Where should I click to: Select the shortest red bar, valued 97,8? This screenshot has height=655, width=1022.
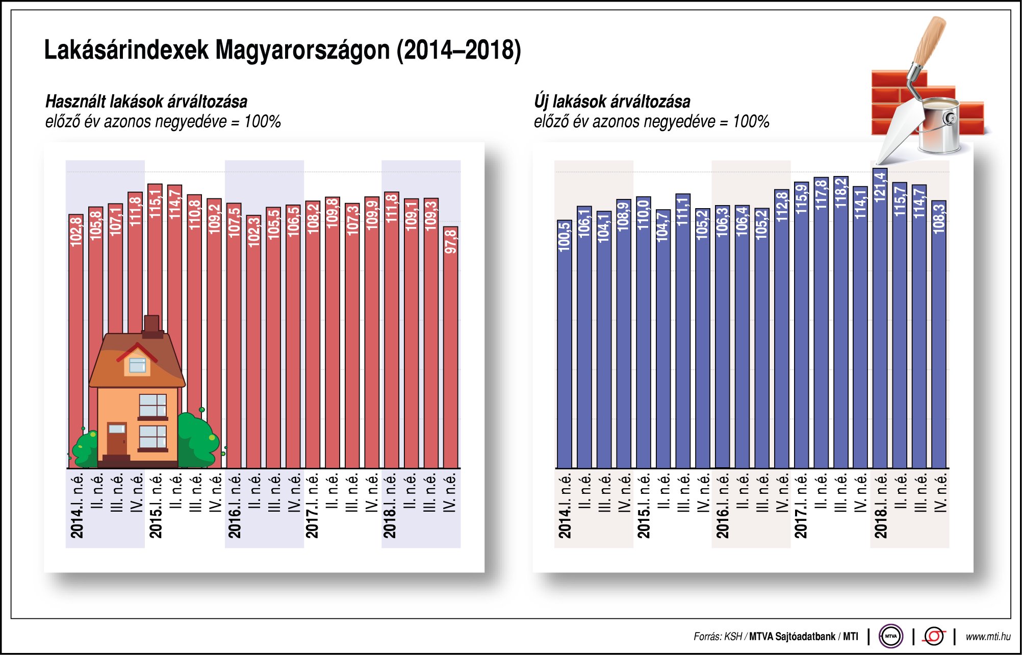[x=450, y=347]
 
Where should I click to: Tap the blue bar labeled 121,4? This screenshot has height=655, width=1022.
[x=880, y=316]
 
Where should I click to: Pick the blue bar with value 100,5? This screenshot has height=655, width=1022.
[x=564, y=347]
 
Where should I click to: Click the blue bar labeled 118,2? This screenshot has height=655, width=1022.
[x=840, y=321]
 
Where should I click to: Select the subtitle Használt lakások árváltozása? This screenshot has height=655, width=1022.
[x=146, y=102]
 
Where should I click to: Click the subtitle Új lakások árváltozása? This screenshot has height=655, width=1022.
[x=612, y=102]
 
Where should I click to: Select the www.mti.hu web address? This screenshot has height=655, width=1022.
[x=988, y=637]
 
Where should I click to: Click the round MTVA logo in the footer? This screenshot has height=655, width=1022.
[x=890, y=636]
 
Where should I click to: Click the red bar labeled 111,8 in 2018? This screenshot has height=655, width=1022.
[x=391, y=332]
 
